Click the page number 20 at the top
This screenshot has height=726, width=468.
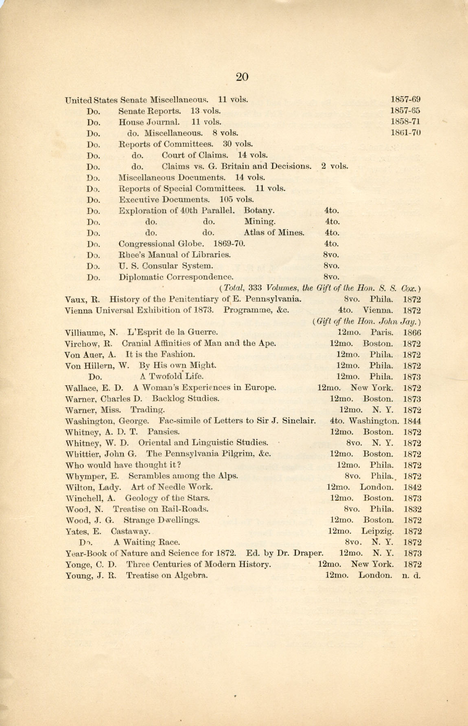point(242,77)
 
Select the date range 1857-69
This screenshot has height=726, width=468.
point(405,100)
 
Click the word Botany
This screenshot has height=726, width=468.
point(259,211)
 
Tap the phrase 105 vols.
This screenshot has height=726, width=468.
point(237,200)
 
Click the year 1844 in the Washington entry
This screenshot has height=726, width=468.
point(412,421)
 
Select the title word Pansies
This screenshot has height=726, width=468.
point(164,432)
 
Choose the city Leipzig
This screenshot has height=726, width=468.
point(377,531)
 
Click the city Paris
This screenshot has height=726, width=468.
point(382,332)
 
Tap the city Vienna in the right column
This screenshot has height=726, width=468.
point(378,311)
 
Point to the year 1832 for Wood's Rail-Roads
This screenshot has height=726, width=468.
point(412,509)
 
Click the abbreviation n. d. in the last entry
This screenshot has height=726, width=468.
point(412,575)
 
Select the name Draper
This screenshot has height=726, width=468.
point(308,553)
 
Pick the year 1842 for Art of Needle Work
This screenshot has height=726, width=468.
point(412,487)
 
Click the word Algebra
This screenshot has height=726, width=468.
point(191,575)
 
